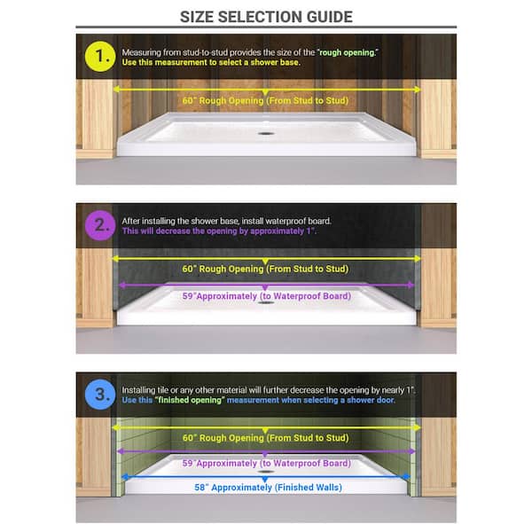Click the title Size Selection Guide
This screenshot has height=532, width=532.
266,17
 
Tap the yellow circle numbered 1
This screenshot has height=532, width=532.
100,57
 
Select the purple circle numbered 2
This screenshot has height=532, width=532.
100,225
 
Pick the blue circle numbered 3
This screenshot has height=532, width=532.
100,395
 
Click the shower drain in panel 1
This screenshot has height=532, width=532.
266,133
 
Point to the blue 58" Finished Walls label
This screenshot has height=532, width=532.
268,487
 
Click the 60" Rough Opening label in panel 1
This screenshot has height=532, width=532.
265,100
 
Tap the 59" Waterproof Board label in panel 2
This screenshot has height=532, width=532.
267,296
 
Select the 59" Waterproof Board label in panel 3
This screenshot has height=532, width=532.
267,463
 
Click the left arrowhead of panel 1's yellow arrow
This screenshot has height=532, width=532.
116,90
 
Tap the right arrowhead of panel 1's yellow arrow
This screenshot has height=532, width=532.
417,90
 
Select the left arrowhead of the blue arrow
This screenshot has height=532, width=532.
125,477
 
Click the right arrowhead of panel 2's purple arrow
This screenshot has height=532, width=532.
411,285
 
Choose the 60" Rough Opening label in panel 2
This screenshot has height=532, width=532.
265,269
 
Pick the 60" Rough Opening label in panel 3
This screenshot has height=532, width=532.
266,438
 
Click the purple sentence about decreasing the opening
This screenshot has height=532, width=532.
219,231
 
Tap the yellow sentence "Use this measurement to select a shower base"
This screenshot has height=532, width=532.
211,62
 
